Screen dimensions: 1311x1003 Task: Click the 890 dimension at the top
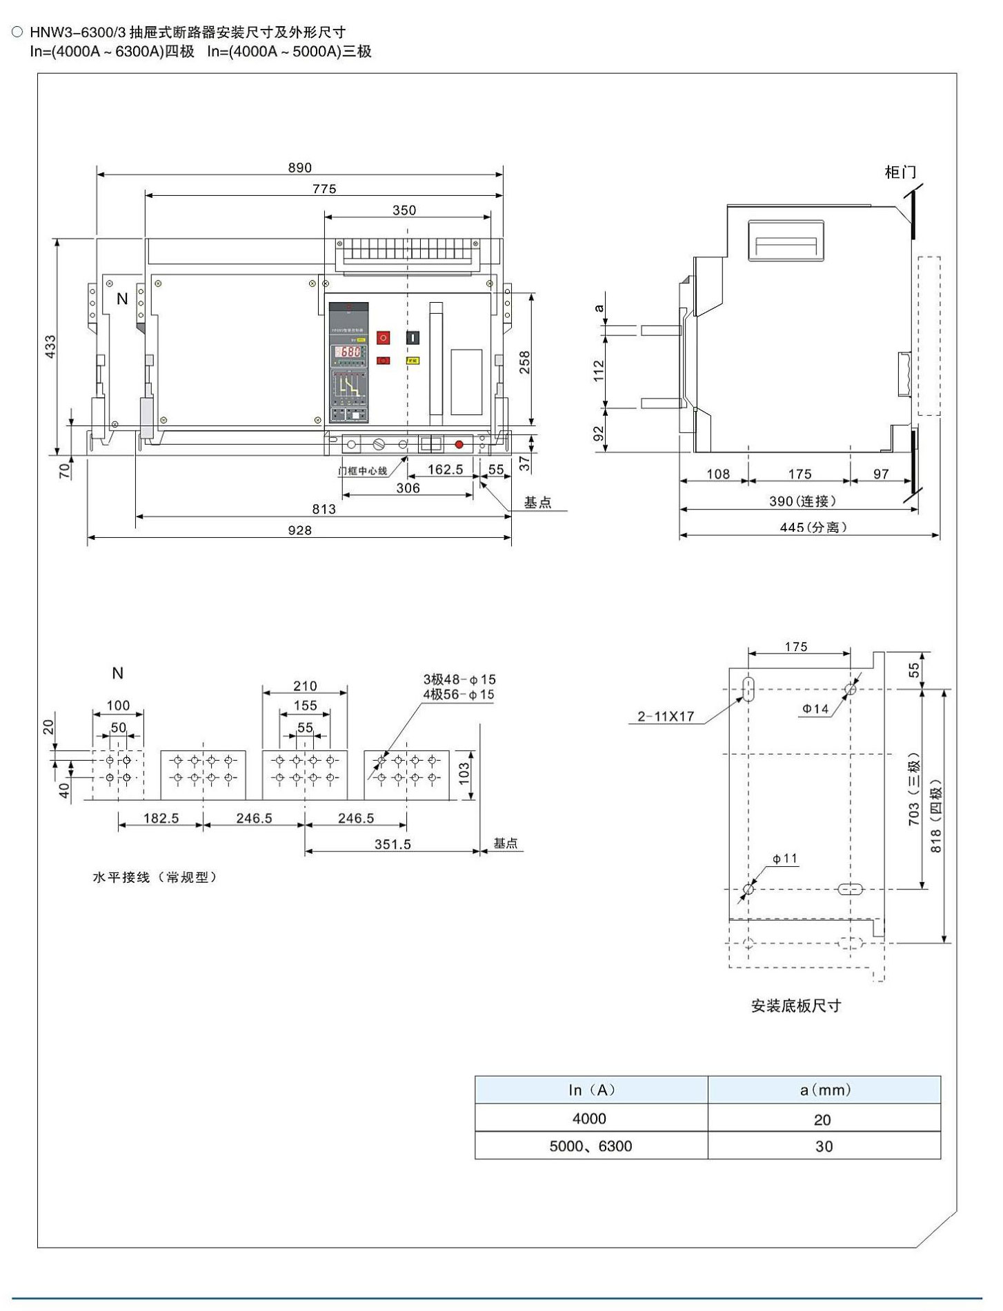[x=299, y=168]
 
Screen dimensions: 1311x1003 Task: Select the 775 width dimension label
[x=324, y=189]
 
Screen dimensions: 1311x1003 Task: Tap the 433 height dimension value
[x=50, y=347]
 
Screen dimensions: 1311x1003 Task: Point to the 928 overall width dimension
[x=299, y=530]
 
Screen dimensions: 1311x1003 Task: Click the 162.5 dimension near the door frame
[x=445, y=470]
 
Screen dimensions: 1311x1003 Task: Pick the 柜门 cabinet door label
[x=900, y=172]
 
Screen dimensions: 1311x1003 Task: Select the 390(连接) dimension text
[x=802, y=501]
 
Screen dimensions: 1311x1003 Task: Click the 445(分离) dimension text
[x=813, y=528]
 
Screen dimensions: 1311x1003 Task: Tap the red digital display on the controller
[x=348, y=352]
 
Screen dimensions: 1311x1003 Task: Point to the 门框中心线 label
[x=362, y=471]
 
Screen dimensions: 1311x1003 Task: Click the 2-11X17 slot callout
[x=666, y=717]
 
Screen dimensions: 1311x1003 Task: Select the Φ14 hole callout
[x=815, y=708]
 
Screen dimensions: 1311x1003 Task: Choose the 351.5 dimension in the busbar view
[x=393, y=844]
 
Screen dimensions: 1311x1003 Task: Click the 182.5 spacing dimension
[x=161, y=819]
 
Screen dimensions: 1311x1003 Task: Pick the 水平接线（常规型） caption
[x=155, y=878]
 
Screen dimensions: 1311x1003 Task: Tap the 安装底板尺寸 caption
[x=796, y=1006]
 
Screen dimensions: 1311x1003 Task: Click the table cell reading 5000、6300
[x=590, y=1146]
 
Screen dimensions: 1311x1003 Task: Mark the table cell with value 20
[x=822, y=1120]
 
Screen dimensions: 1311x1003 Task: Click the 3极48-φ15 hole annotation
[x=459, y=680]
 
